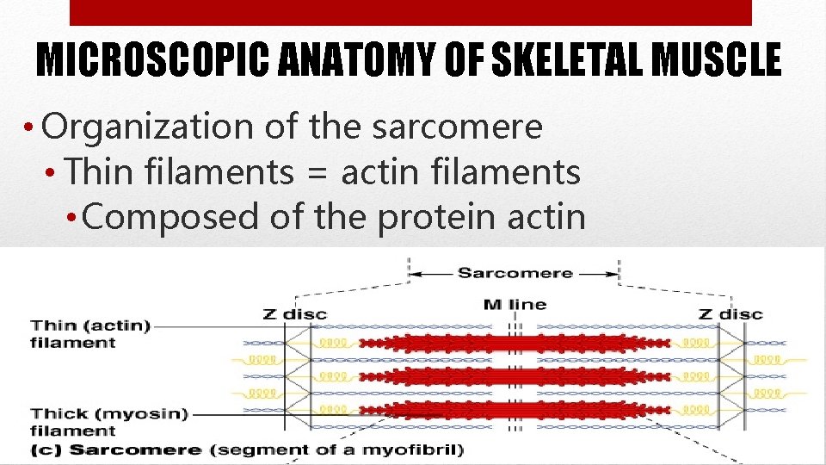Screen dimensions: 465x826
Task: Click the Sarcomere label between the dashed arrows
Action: point(515,273)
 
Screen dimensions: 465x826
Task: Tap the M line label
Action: point(515,304)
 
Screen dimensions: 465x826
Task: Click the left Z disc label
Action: point(294,314)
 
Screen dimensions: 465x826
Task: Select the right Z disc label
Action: point(730,314)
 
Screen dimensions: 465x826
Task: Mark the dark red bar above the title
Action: point(410,12)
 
